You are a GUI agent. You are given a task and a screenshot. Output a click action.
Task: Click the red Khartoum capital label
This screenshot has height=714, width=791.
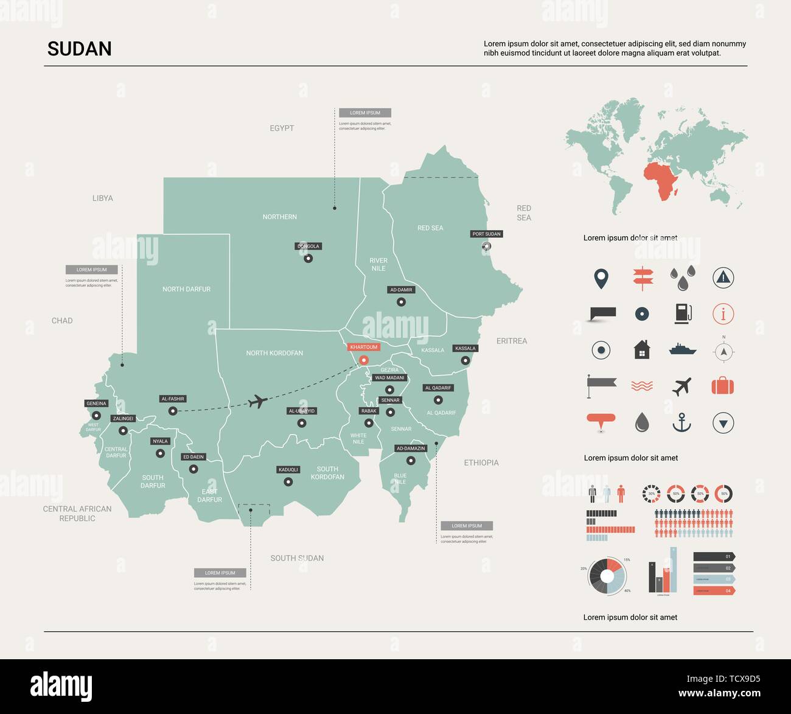click(364, 347)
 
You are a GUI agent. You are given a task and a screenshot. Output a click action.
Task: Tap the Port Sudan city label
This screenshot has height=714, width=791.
click(487, 234)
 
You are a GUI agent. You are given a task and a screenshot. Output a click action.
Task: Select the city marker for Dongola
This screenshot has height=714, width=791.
click(308, 258)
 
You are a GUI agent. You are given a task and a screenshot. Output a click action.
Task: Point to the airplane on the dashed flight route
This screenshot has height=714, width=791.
click(259, 402)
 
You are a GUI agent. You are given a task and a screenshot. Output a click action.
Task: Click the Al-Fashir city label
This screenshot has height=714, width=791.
click(173, 399)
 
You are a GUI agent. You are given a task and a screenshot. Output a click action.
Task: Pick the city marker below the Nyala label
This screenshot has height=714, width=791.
click(160, 453)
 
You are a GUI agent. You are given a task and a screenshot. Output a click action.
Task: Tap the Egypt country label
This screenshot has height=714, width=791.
click(282, 128)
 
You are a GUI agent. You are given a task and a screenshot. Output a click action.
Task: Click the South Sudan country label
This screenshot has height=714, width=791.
click(297, 558)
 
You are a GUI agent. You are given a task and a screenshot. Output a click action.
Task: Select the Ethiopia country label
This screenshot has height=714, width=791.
click(481, 463)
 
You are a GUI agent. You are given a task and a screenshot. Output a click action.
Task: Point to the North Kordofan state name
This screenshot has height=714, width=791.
click(274, 353)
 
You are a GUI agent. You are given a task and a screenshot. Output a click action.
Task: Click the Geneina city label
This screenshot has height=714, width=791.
click(96, 404)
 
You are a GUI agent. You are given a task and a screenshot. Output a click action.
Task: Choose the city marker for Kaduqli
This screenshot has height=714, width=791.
click(288, 482)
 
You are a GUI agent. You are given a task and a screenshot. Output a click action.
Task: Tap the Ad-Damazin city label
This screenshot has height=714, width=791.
click(411, 449)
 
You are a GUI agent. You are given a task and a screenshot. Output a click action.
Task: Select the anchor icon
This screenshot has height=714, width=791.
click(682, 422)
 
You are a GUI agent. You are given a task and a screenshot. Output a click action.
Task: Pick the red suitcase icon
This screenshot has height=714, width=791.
click(723, 386)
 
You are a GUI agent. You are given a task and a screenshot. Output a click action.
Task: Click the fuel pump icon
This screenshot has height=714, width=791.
click(683, 313)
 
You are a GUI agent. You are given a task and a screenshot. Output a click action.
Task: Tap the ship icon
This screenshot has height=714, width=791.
click(682, 349)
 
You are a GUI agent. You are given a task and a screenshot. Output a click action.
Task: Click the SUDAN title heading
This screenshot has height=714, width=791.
click(80, 49)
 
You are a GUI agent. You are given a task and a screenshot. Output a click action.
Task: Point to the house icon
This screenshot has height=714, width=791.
click(642, 350)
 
